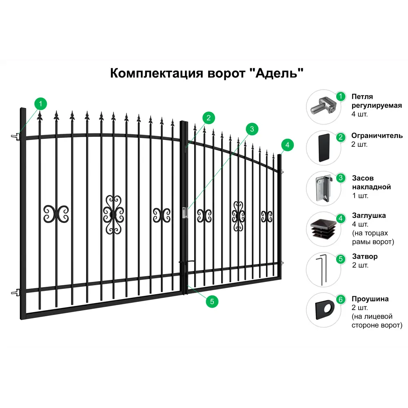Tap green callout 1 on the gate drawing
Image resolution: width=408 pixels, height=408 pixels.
(40, 104)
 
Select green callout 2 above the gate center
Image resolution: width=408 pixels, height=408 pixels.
(208, 118)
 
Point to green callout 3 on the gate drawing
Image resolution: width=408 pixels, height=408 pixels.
(252, 129)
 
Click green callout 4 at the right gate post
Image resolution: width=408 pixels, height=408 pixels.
(287, 145)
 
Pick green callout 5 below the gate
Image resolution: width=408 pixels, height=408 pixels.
(212, 302)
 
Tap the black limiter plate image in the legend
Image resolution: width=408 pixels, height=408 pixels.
(324, 148)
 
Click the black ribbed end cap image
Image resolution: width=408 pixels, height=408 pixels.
(324, 229)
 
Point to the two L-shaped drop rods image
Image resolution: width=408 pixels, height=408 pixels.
(322, 270)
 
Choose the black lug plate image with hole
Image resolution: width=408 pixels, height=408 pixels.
(325, 310)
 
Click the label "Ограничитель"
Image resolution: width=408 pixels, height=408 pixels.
(377, 135)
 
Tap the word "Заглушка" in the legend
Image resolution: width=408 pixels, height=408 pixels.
(369, 215)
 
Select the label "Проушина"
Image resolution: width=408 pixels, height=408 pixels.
(370, 299)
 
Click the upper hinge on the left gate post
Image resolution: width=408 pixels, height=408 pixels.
(16, 136)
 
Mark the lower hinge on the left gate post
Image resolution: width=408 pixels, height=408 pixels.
(16, 293)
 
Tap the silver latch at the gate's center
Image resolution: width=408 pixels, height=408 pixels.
(185, 212)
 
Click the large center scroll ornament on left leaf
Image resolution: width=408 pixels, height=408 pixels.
(113, 215)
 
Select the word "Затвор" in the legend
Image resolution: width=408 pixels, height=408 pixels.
(365, 256)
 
